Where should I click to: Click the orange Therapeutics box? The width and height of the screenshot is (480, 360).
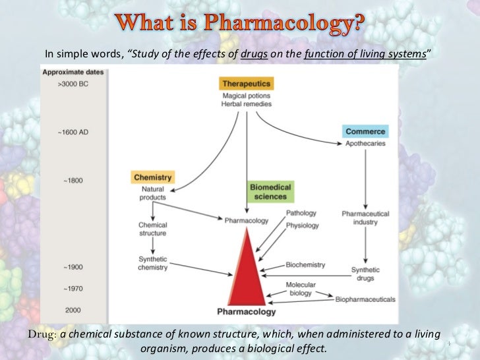point(247,84)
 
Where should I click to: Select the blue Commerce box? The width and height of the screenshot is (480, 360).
point(365,131)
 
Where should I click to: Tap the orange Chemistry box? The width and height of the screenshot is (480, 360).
point(153,177)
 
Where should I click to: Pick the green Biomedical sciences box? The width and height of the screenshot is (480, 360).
point(268,192)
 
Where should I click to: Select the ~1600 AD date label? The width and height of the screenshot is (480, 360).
point(71,132)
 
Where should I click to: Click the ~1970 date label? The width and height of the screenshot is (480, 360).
point(73,289)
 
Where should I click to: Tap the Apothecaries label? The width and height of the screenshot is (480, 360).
point(365,143)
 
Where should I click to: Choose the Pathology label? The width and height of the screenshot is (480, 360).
point(301,214)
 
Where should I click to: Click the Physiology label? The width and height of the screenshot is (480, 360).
point(303,225)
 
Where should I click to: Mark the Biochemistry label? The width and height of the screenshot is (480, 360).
point(305,265)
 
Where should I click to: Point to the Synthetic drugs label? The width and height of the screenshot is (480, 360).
point(365,274)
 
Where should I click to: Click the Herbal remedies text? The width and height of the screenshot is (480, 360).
point(247,104)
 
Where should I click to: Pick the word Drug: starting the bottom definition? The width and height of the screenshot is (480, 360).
point(42,333)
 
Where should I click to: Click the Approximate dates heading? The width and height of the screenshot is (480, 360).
point(71,73)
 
